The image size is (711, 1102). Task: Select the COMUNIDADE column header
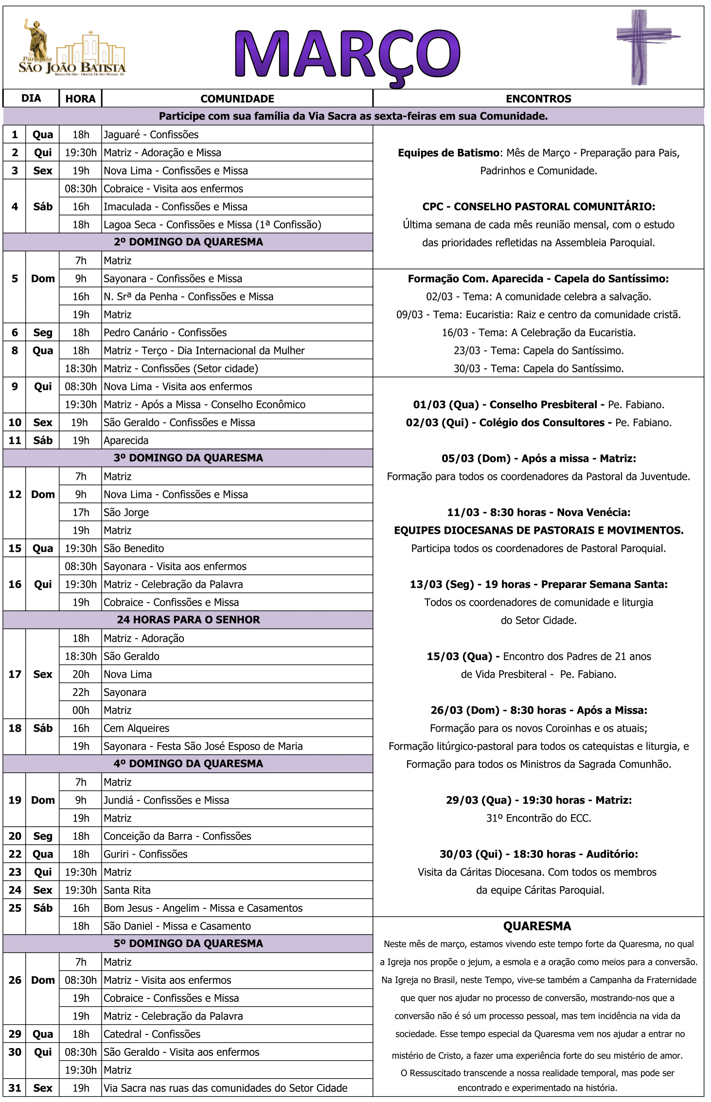237,99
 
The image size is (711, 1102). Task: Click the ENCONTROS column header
538,99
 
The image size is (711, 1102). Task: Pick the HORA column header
80,99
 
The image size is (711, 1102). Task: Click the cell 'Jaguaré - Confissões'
151,135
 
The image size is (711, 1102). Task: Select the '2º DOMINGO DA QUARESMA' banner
188,242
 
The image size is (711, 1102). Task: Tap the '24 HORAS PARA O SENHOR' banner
188,620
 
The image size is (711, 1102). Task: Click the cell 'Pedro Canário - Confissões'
165,332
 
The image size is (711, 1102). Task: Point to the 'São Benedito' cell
134,548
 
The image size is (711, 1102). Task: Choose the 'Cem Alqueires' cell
137,728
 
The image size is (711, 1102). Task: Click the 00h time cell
81,710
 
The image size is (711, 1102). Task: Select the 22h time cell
81,692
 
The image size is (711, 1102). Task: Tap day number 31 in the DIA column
15,1088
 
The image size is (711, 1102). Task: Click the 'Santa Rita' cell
127,890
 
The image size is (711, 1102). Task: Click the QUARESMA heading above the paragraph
537,926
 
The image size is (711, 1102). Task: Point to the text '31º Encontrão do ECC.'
538,818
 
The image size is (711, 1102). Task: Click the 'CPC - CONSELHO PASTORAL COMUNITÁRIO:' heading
538,207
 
